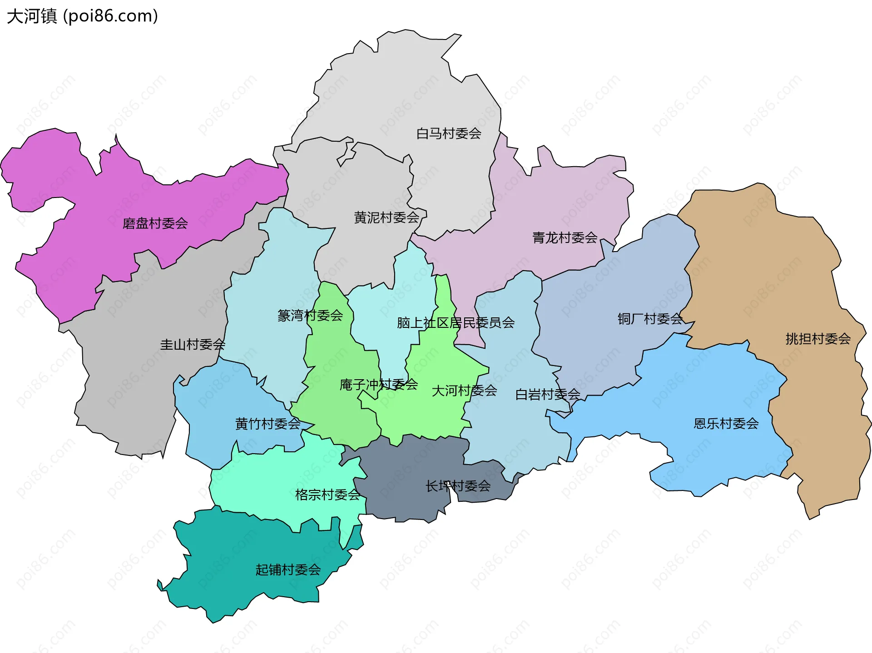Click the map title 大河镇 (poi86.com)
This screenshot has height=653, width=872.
(82, 16)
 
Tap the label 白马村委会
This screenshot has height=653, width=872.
(449, 134)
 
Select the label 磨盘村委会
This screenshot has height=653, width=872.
(155, 223)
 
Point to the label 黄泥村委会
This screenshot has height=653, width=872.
(386, 218)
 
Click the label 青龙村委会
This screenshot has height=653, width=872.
(565, 237)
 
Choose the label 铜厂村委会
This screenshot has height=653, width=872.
(650, 319)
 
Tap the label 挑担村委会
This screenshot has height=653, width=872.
(818, 339)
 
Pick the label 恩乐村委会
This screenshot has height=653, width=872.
(726, 424)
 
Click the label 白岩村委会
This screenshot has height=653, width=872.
(547, 394)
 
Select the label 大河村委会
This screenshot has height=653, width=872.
(464, 391)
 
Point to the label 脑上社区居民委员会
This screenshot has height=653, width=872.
(456, 323)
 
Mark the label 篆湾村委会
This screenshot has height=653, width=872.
(310, 316)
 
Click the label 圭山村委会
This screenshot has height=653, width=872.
(193, 345)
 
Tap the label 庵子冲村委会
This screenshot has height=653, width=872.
(378, 385)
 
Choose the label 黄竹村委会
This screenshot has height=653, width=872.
(268, 424)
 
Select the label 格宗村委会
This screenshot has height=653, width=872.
(327, 495)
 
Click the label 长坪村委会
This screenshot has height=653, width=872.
(458, 486)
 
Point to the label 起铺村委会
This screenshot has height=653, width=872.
(288, 569)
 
